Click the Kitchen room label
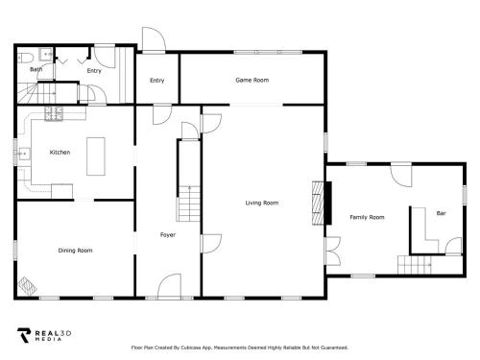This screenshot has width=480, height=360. (x=60, y=152)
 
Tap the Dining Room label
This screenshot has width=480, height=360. (x=75, y=251)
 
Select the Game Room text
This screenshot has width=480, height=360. (x=252, y=80)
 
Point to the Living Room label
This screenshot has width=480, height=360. (x=262, y=203)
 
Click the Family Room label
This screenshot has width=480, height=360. (x=367, y=217)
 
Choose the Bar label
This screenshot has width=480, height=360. (x=441, y=213)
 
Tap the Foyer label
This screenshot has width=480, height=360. (x=168, y=235)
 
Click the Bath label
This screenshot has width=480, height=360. (x=36, y=69)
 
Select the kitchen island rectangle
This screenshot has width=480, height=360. (x=96, y=156)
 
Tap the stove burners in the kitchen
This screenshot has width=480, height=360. (x=54, y=113)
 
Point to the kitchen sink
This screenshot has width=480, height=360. (x=24, y=154)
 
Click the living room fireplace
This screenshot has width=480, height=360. (x=322, y=203)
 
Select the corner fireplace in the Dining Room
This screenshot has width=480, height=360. (x=27, y=285)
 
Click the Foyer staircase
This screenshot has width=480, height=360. (x=189, y=204)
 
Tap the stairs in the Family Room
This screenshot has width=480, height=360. (x=415, y=265)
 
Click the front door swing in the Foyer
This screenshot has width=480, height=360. (x=169, y=286)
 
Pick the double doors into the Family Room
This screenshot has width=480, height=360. (x=333, y=251)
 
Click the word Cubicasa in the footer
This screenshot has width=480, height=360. (x=190, y=348)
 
